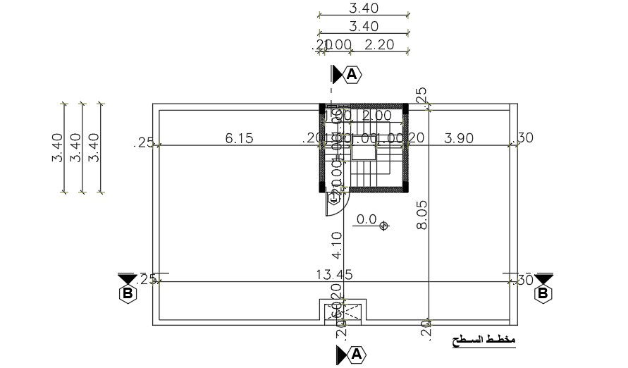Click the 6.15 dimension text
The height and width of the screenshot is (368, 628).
(x=239, y=138)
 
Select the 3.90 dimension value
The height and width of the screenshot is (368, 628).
(x=459, y=138)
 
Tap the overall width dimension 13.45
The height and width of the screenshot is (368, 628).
(x=335, y=274)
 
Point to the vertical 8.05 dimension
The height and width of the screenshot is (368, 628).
(x=422, y=215)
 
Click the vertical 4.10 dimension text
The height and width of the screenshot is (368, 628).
(x=336, y=243)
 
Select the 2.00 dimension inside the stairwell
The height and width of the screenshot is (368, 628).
(x=377, y=115)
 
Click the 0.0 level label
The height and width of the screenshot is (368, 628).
(x=367, y=219)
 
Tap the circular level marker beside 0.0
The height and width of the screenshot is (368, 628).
(x=384, y=226)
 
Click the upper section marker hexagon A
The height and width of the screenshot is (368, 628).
(x=352, y=73)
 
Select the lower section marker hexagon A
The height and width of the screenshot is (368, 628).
(x=356, y=354)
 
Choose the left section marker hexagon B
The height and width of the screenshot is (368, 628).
(x=128, y=293)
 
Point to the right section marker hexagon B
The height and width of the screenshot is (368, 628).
(x=543, y=293)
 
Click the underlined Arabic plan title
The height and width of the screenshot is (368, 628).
(x=484, y=341)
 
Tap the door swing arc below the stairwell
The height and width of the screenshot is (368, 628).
(x=334, y=204)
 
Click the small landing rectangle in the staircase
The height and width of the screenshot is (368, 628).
(x=364, y=153)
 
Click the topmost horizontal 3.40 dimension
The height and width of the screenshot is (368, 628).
(x=364, y=8)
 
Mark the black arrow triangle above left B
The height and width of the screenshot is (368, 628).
(x=128, y=278)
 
